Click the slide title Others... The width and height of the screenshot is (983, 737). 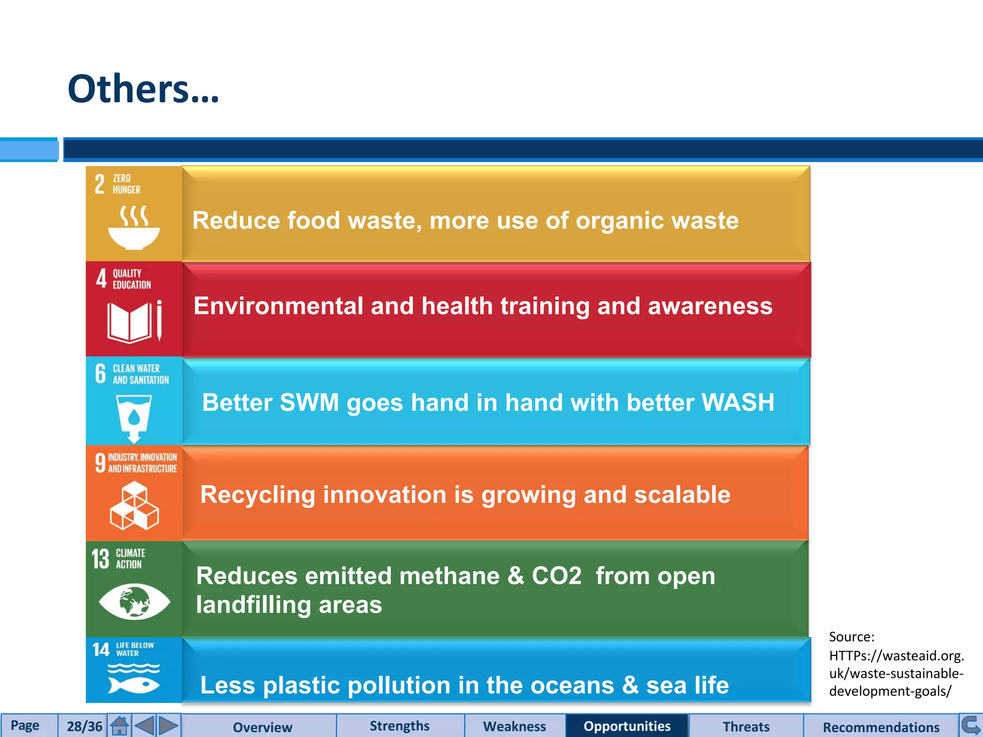coord(143,89)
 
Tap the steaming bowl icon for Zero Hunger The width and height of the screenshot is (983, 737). coord(134,228)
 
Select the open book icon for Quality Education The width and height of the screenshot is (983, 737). coord(134,321)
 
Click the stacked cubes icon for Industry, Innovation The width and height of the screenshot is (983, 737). coord(134,506)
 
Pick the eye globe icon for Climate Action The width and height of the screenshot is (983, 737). coord(134,601)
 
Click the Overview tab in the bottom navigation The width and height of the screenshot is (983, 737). coord(262,727)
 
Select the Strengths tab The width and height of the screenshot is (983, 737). coord(399,726)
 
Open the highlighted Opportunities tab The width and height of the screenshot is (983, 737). coord(627,726)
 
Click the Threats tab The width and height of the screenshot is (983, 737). coord(746,726)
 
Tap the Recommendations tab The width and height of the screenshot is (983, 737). coord(881,727)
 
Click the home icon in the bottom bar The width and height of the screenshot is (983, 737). coord(119,725)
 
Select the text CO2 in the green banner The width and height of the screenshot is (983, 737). coord(556,576)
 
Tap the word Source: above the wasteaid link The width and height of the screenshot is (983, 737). coord(851,637)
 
